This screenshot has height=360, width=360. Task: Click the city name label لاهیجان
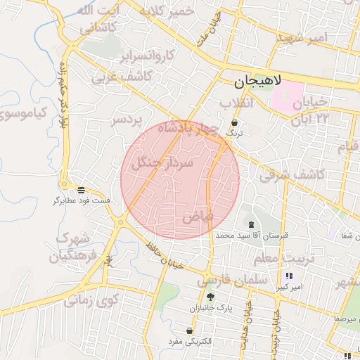[256, 83]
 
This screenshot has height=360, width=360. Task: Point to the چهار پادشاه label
[184, 129]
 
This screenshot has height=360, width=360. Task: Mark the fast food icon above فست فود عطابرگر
[82, 190]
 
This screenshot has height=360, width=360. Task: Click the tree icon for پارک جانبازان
[210, 297]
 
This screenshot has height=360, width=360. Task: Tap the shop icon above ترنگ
[233, 122]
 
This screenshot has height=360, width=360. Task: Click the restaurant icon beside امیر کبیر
[288, 276]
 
